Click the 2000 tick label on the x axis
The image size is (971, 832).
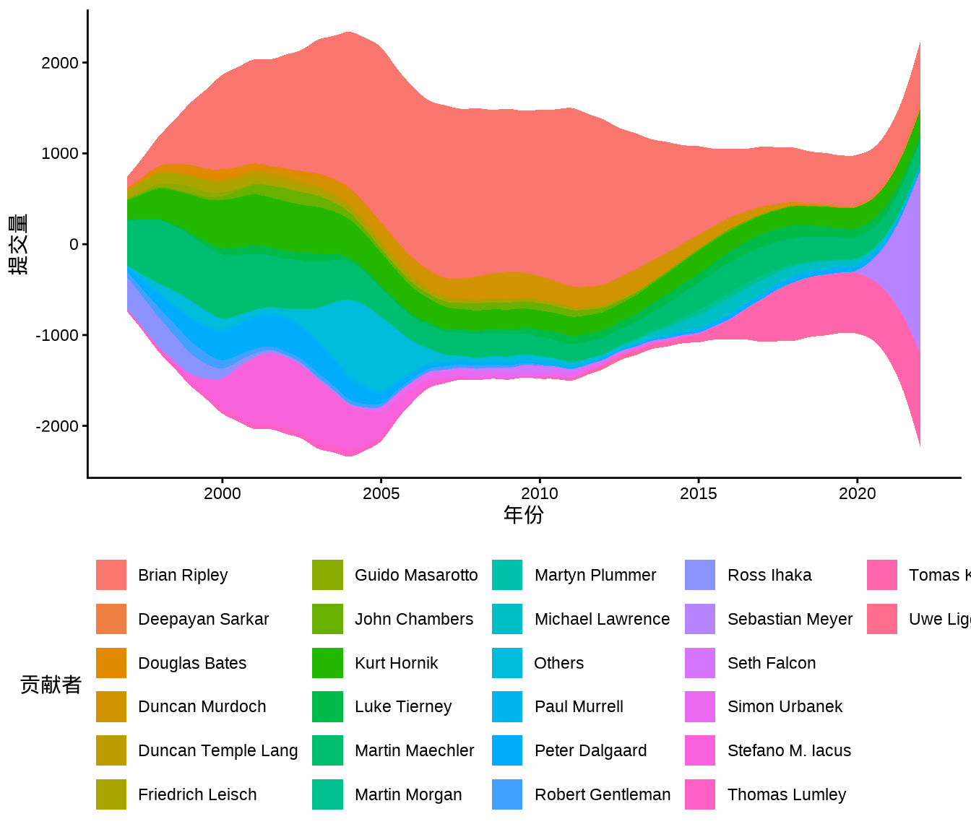pyautogui.click(x=222, y=494)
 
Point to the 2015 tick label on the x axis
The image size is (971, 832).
pyautogui.click(x=698, y=494)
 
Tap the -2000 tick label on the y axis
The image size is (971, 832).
pyautogui.click(x=57, y=426)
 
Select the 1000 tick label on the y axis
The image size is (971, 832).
pyautogui.click(x=60, y=154)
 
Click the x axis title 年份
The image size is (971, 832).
pyautogui.click(x=524, y=515)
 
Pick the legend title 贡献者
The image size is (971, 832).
pyautogui.click(x=51, y=685)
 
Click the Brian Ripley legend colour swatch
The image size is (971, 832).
pyautogui.click(x=111, y=575)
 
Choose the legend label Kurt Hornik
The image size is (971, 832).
pyautogui.click(x=396, y=663)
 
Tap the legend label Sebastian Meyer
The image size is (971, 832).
pyautogui.click(x=790, y=619)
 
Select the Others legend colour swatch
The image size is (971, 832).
pyautogui.click(x=507, y=663)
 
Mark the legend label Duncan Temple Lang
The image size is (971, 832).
pyautogui.click(x=217, y=750)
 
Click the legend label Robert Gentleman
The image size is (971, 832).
pyautogui.click(x=602, y=794)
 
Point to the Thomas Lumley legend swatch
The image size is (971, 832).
pyautogui.click(x=700, y=794)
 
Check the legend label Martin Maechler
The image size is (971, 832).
pyautogui.click(x=414, y=750)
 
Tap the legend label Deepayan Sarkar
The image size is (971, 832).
pyautogui.click(x=203, y=619)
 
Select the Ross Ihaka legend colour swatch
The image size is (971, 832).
pyautogui.click(x=700, y=575)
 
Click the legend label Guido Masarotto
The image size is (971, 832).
pyautogui.click(x=416, y=575)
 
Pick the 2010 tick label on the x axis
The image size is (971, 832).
pyautogui.click(x=540, y=494)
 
